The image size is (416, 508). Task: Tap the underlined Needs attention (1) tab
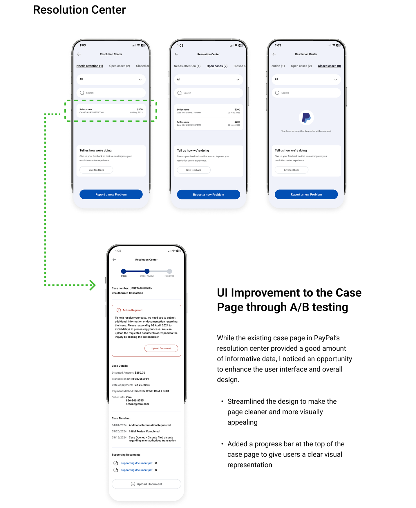tap(90, 66)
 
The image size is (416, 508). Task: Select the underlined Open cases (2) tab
tap(217, 66)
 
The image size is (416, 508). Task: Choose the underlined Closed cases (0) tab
tap(329, 66)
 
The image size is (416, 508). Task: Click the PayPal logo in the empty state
tap(306, 118)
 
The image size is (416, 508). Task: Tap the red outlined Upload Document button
tap(161, 348)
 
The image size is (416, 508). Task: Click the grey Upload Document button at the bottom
tap(146, 484)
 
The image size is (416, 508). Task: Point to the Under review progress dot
tap(147, 271)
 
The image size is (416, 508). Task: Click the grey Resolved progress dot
tap(169, 271)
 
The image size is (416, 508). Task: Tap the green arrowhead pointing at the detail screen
tap(93, 285)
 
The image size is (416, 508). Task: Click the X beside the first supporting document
tap(156, 463)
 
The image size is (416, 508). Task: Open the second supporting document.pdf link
tap(137, 470)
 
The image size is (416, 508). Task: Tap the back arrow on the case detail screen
tap(114, 260)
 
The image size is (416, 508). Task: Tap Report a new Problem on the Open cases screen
tap(208, 195)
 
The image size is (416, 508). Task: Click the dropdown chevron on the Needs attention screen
tap(140, 80)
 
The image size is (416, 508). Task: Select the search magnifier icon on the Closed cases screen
tap(277, 93)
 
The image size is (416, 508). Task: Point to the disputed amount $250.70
tap(140, 373)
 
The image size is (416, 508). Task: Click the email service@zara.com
tap(137, 404)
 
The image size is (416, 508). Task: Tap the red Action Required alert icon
tap(119, 310)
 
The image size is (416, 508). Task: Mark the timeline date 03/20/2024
tap(119, 432)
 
